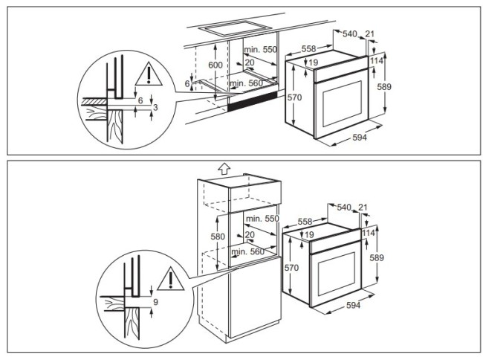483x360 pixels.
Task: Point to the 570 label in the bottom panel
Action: click(291, 266)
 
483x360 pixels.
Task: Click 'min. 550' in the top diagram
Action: click(259, 49)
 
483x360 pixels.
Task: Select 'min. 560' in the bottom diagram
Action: click(247, 252)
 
